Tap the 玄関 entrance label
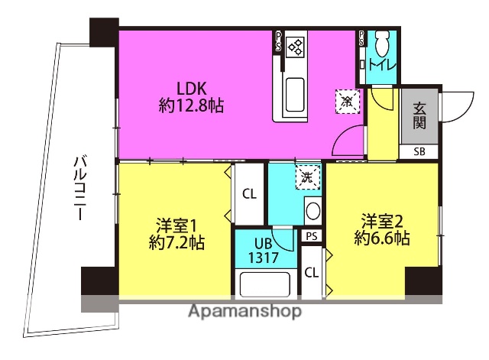[419, 115]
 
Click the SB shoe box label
[419, 151]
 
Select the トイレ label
[382, 65]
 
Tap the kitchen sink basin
[295, 96]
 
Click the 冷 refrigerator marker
[346, 100]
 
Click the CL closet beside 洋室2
[311, 273]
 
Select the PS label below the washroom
[311, 237]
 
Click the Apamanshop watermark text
[244, 311]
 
